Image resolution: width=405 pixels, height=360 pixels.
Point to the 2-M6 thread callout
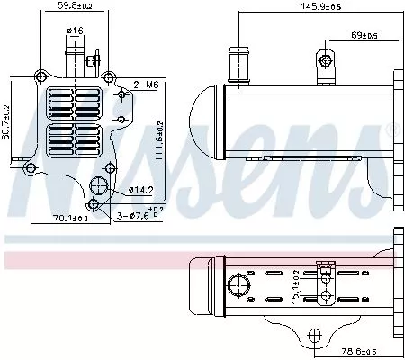tap(146, 85)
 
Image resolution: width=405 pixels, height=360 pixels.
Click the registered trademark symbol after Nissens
tap(391, 132)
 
